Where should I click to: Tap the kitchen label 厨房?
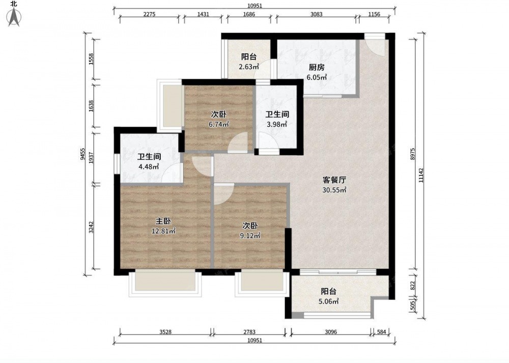click(x=317, y=68)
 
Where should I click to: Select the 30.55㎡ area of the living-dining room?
click(x=334, y=190)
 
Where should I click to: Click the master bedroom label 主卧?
click(x=163, y=221)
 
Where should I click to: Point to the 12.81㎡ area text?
click(x=163, y=231)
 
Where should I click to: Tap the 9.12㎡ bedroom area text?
click(x=250, y=235)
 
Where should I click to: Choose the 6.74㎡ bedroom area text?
click(x=219, y=124)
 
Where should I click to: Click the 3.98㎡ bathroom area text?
click(x=277, y=124)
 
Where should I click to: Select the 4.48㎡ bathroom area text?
click(x=149, y=167)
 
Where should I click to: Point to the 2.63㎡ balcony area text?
click(x=249, y=67)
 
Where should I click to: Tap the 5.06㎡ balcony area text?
click(x=328, y=301)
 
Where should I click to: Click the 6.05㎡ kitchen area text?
click(x=317, y=77)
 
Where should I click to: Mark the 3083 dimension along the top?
click(x=317, y=14)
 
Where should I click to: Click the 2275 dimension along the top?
click(x=149, y=14)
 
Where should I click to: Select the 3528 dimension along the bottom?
click(x=165, y=332)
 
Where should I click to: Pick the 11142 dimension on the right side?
click(x=421, y=175)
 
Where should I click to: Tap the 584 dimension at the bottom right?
click(x=381, y=332)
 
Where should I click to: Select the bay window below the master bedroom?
click(x=165, y=283)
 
